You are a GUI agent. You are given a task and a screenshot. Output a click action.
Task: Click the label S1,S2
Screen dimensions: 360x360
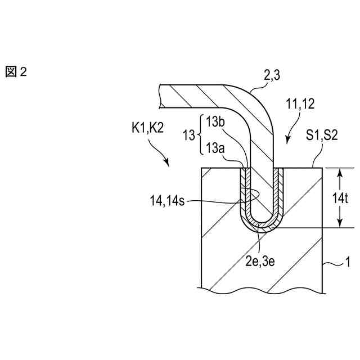(x=321, y=136)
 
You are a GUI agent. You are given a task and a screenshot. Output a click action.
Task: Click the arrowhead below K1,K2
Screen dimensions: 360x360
(x=166, y=163)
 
